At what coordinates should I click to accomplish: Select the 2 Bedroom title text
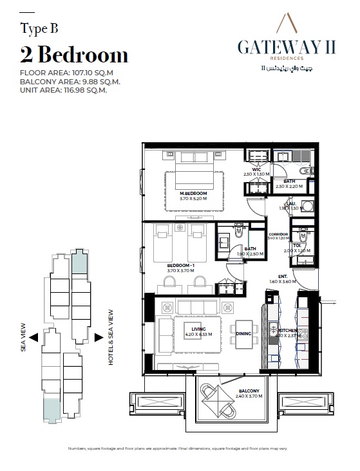click(74, 53)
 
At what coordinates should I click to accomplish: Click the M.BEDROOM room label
click(193, 194)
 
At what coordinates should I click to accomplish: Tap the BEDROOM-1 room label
click(163, 265)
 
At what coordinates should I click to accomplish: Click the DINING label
click(243, 333)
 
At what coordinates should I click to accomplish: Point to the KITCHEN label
click(288, 330)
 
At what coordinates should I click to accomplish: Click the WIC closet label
click(256, 169)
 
